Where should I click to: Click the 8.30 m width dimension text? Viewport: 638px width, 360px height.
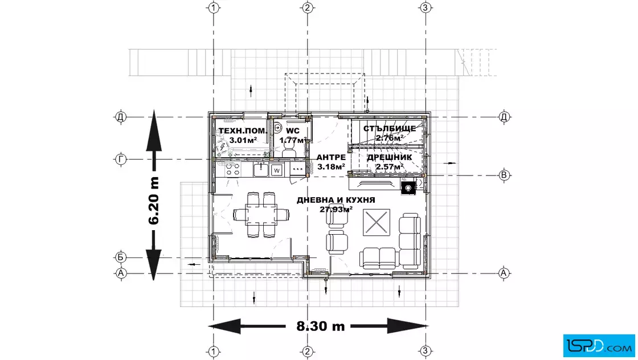[321, 326]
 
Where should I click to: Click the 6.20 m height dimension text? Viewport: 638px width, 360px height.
[154, 201]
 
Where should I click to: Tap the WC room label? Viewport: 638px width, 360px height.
[293, 131]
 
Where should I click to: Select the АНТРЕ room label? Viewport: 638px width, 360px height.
[331, 157]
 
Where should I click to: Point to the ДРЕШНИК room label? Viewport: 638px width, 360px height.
[390, 157]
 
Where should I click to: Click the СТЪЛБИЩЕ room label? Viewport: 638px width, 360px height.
[390, 129]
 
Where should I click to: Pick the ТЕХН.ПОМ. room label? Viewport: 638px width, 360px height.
[243, 131]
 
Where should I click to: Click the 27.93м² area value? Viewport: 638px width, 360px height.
[336, 210]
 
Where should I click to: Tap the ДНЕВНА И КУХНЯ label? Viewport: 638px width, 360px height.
[336, 200]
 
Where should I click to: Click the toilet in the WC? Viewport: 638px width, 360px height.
[289, 152]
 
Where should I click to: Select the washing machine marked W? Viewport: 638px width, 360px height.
[277, 170]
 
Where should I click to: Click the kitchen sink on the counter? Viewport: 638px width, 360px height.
[260, 170]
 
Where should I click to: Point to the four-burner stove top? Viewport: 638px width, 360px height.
[233, 169]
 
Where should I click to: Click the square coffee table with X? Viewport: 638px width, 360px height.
[377, 223]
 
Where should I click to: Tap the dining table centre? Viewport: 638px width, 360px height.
[261, 214]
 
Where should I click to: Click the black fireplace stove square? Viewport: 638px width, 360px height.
[408, 187]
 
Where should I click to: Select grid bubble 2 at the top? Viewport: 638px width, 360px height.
[307, 8]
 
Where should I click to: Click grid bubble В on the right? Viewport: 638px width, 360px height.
[504, 175]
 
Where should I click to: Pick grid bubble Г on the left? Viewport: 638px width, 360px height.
[120, 159]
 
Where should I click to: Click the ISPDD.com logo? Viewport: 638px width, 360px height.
[599, 346]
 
